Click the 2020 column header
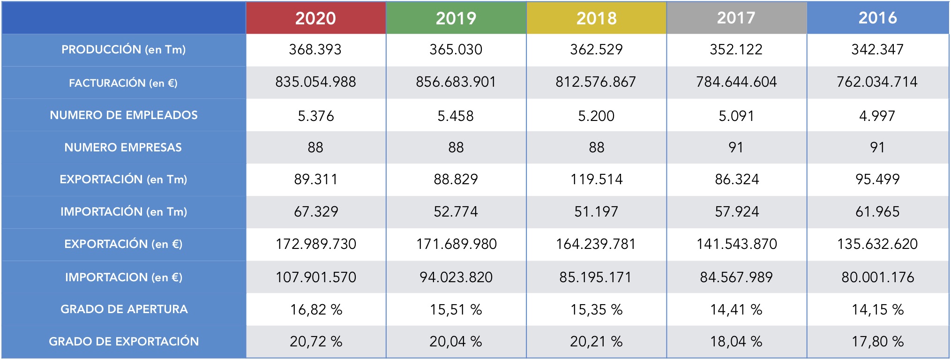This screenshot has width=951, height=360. click(x=315, y=18)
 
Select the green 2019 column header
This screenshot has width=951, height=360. click(x=456, y=18)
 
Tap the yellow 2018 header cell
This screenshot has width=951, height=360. click(x=596, y=18)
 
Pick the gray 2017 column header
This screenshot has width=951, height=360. click(x=736, y=18)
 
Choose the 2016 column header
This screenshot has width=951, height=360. click(x=877, y=18)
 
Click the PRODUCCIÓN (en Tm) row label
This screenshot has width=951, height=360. click(x=124, y=50)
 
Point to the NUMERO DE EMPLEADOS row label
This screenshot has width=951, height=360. click(x=124, y=115)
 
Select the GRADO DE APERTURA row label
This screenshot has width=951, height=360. click(x=124, y=309)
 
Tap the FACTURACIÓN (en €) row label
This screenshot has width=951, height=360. click(x=124, y=83)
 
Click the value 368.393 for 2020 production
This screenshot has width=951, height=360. click(x=315, y=50)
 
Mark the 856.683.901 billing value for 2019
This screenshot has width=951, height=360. click(x=456, y=82)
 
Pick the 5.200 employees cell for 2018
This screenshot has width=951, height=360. click(x=596, y=116)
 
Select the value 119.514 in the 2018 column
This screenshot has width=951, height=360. click(x=596, y=180)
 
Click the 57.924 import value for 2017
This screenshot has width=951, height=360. click(x=736, y=212)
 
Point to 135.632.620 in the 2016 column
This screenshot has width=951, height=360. click(x=877, y=244)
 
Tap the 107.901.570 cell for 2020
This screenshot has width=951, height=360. click(x=315, y=277)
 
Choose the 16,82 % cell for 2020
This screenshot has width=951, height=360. click(x=315, y=310)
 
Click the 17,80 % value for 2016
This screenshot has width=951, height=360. click(x=877, y=342)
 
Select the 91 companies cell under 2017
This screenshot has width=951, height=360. click(x=736, y=148)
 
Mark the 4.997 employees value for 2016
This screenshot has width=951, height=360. click(x=877, y=116)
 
